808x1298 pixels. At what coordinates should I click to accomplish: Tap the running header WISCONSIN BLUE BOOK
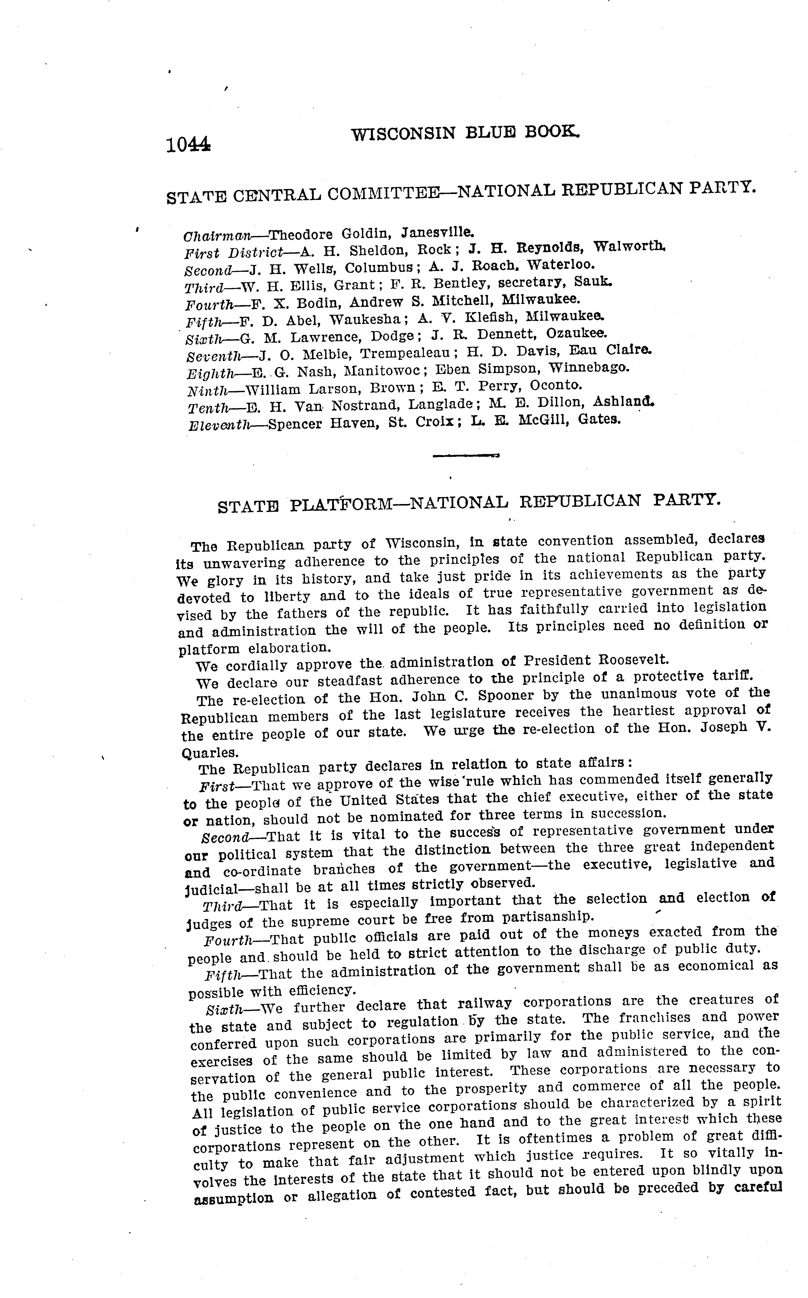[465, 133]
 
